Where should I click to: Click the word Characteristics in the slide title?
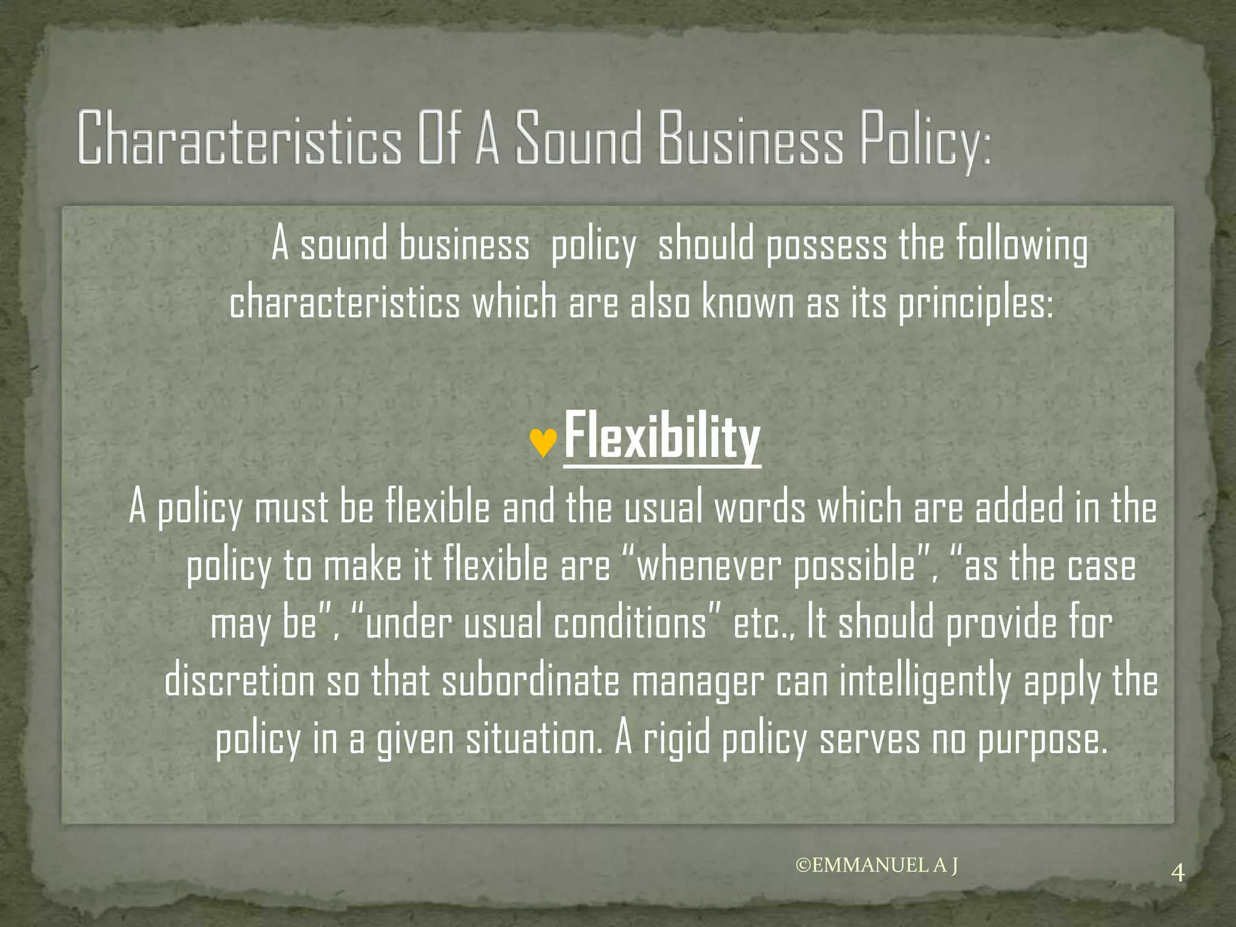pos(238,138)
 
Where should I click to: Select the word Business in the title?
pos(750,138)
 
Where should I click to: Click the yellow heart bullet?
pos(543,443)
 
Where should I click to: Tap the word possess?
pos(826,247)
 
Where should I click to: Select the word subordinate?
pos(530,681)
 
